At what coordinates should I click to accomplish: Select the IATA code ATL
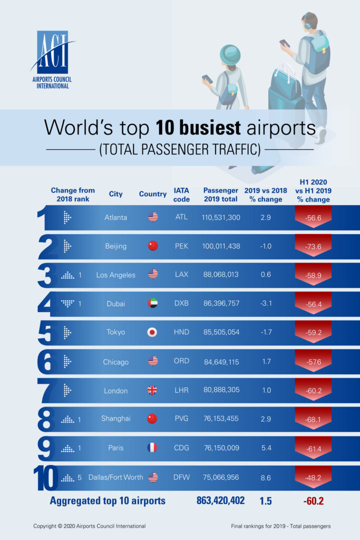[181, 217]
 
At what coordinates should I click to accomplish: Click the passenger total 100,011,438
[221, 246]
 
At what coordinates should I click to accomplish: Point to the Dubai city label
[115, 304]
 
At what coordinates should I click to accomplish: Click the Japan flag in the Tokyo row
[153, 332]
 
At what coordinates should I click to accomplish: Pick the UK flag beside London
[153, 390]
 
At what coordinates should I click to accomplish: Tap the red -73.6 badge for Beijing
[313, 246]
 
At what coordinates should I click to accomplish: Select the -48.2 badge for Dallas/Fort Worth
[313, 477]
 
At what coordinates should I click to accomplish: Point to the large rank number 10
[46, 478]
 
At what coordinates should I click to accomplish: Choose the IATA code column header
[181, 194]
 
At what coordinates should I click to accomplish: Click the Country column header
[153, 194]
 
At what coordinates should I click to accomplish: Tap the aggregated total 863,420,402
[220, 500]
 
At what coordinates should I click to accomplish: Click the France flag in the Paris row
[153, 448]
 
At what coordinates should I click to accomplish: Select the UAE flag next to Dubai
[153, 304]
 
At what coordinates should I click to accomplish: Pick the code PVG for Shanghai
[181, 419]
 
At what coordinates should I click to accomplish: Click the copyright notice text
[90, 526]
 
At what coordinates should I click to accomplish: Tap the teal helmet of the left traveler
[230, 54]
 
